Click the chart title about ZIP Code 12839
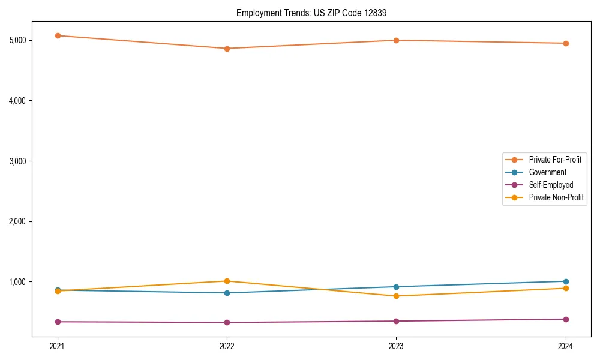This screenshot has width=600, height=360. coord(299,13)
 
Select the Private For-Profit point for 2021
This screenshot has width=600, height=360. coord(58,35)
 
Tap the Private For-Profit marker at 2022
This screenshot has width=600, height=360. coord(227,49)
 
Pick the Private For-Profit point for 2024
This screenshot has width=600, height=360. coord(566,43)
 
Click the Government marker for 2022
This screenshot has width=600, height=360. coord(227,293)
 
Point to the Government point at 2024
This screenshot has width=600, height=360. coord(566,281)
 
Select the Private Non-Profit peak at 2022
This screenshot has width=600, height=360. coord(227,281)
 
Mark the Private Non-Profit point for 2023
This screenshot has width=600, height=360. coord(397,296)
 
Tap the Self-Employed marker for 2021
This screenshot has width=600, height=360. coord(58,322)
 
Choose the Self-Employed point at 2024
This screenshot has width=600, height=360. coord(566,319)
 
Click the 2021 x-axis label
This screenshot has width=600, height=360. coord(58,346)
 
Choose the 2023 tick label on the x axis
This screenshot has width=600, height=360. coord(397,346)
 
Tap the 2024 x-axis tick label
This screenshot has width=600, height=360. coord(566,346)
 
